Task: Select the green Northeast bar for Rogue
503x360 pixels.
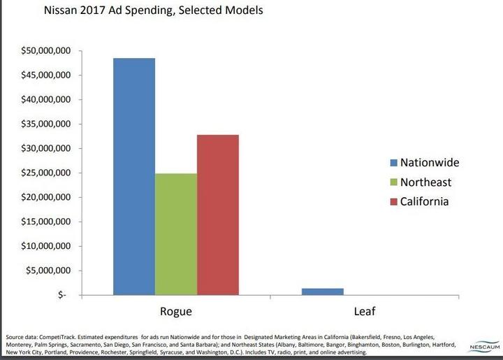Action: (x=176, y=234)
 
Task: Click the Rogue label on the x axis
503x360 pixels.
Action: (x=176, y=311)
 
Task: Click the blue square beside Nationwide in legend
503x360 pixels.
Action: (x=393, y=163)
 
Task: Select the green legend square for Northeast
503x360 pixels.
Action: (x=393, y=182)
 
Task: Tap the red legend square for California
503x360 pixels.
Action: (x=393, y=202)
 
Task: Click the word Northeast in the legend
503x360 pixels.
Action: (x=426, y=182)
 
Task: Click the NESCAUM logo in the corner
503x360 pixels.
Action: (x=481, y=345)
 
